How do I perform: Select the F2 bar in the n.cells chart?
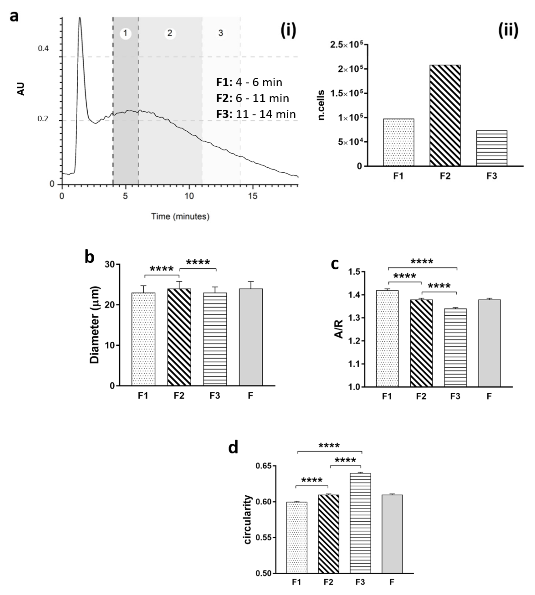click(445, 115)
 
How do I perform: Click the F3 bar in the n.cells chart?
click(491, 148)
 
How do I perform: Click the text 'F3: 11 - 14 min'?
click(256, 114)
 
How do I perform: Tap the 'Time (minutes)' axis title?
click(180, 217)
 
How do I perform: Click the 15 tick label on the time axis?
click(252, 196)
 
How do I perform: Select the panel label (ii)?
click(508, 30)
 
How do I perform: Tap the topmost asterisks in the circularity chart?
click(329, 446)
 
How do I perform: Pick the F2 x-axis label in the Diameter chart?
click(179, 396)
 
